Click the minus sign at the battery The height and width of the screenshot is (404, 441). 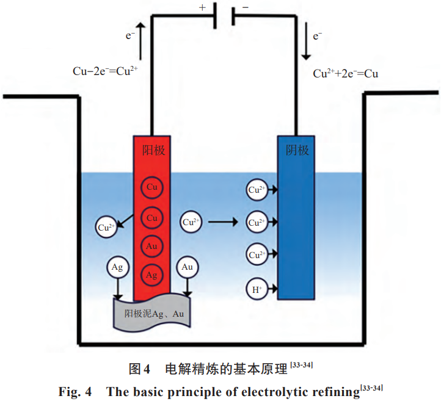pyautogui.click(x=246, y=7)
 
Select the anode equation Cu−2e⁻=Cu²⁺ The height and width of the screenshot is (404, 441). pyautogui.click(x=105, y=71)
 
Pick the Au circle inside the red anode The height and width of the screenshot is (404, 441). pyautogui.click(x=152, y=247)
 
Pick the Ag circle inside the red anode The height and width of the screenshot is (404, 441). pyautogui.click(x=152, y=275)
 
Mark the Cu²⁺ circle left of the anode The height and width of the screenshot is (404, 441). pyautogui.click(x=106, y=228)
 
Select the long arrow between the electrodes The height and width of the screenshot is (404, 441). pyautogui.click(x=223, y=222)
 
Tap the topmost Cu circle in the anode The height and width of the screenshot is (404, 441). pyautogui.click(x=152, y=187)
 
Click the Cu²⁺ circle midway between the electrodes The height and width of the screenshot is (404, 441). pyautogui.click(x=191, y=222)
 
